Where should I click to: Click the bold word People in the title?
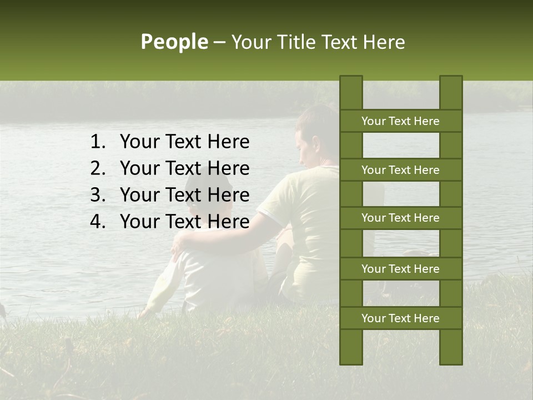tap(174, 42)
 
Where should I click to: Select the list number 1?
tap(97, 142)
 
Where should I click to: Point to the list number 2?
tap(97, 168)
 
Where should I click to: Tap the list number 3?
tap(97, 195)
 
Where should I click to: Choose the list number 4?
tap(97, 222)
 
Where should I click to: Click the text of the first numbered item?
tap(184, 142)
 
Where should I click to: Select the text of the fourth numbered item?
tap(184, 222)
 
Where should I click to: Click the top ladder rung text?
tap(400, 121)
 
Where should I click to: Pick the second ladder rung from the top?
tap(400, 170)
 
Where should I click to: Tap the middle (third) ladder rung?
tap(400, 218)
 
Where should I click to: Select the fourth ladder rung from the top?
tap(400, 269)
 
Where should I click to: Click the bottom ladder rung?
tap(400, 318)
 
